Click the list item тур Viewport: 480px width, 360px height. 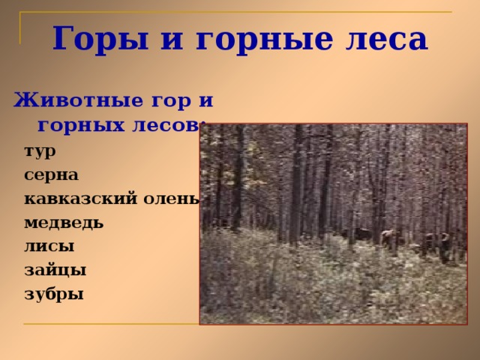(40, 151)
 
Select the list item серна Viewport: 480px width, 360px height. (51, 175)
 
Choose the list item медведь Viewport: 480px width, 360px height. (64, 223)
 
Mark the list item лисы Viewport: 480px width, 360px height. (49, 245)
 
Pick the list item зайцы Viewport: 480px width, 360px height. (55, 269)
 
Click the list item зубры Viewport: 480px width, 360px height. (53, 293)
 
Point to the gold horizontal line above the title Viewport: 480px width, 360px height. (240, 13)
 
